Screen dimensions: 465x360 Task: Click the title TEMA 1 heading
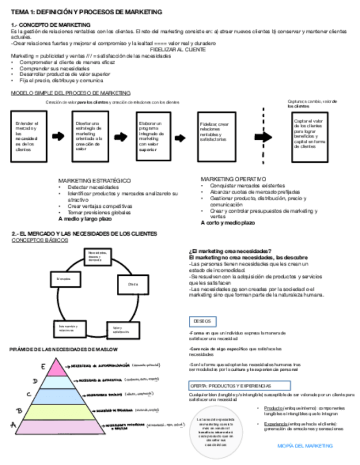click(x=86, y=12)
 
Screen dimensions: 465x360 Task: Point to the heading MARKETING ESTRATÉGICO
click(x=94, y=180)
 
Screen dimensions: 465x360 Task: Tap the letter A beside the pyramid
click(x=13, y=424)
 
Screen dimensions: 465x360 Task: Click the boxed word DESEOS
click(x=202, y=321)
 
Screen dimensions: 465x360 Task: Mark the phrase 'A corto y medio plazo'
click(x=227, y=223)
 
